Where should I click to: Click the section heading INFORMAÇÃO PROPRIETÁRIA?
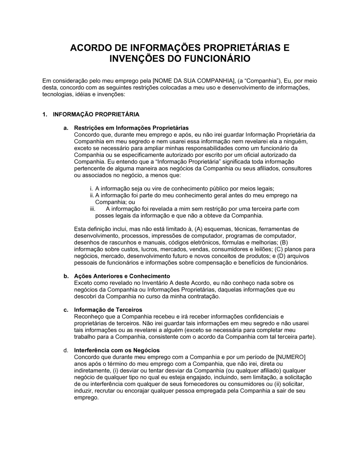pos(96,114)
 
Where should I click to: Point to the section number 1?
pos(45,114)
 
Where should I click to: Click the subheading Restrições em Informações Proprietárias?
pos(131,128)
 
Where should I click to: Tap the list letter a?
pos(66,128)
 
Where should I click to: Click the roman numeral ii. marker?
pos(92,195)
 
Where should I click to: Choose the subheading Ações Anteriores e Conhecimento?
pos(122,276)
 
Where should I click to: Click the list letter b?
pos(66,276)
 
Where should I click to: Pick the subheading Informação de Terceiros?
pos(108,310)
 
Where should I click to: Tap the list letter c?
pos(66,310)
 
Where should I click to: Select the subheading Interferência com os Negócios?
pos(117,350)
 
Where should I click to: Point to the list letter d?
pos(66,350)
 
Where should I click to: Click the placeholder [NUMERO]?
pos(291,357)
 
